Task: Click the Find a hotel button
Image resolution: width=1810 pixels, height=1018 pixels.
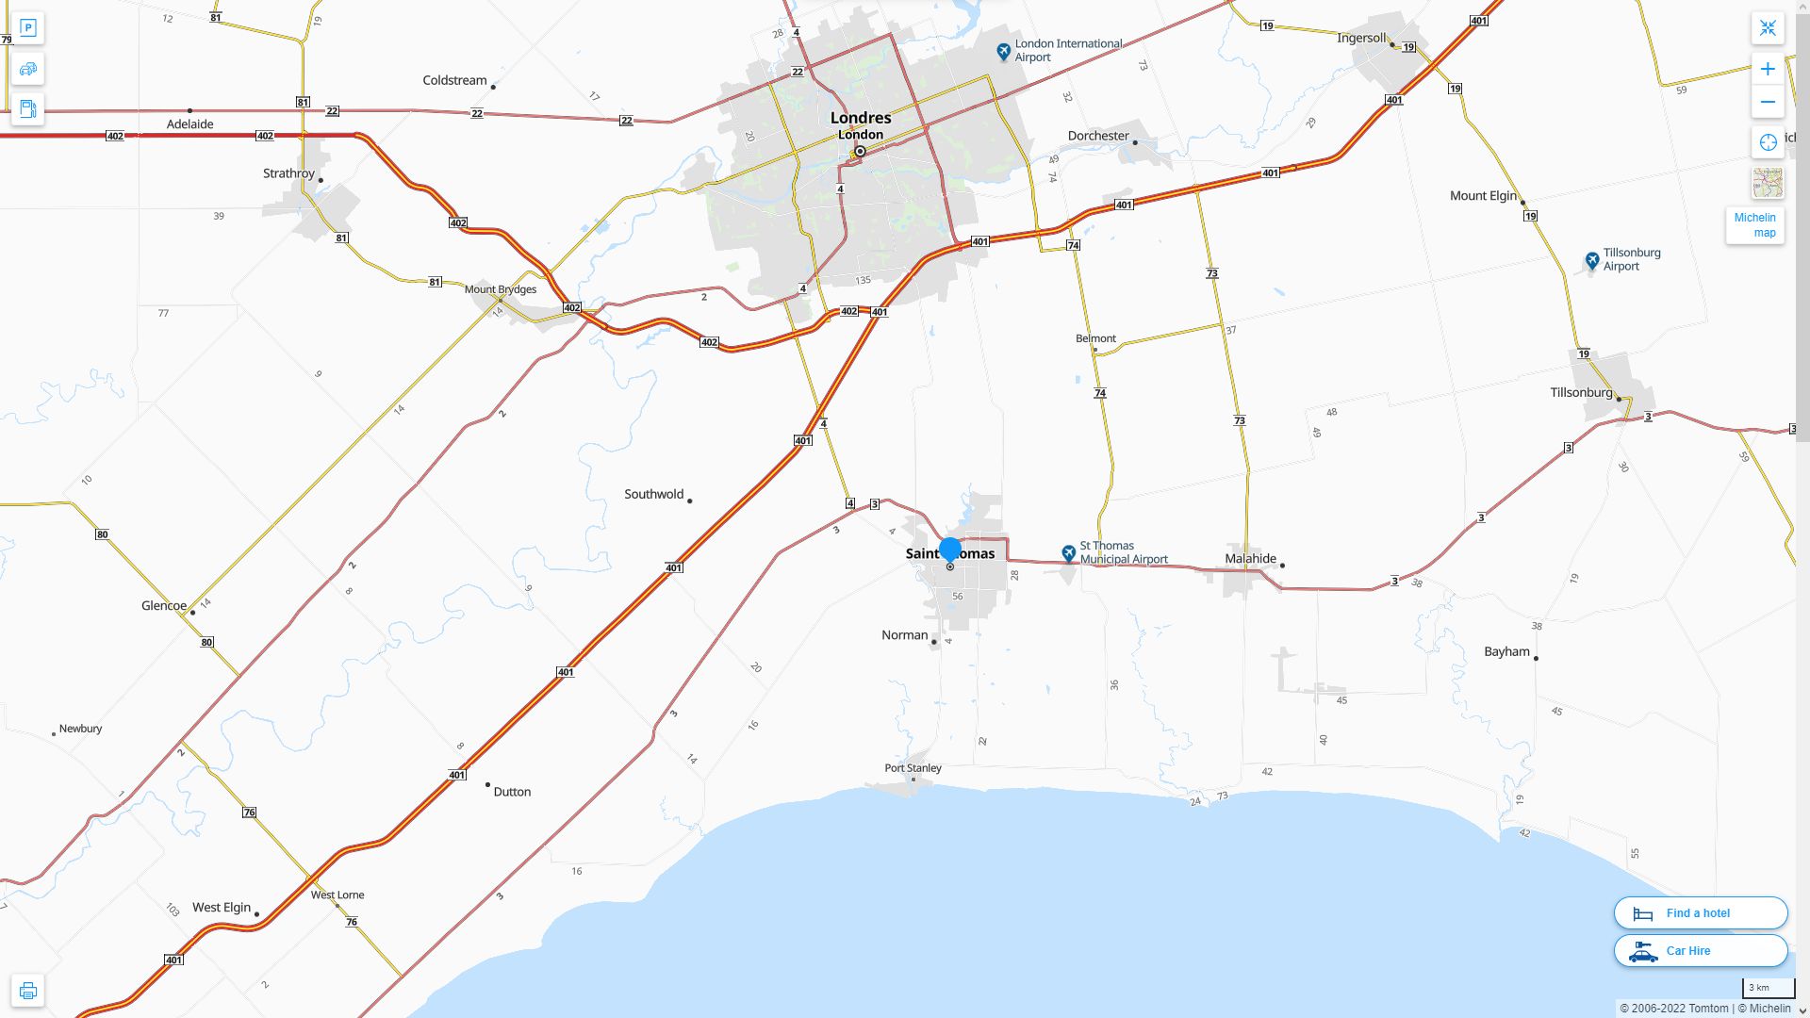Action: [1700, 912]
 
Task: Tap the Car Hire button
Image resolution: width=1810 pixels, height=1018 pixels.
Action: [1700, 950]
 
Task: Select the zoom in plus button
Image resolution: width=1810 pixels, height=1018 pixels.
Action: [1768, 69]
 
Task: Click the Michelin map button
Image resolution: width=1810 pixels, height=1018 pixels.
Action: [1754, 225]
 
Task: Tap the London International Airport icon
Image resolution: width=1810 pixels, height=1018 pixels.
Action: [1004, 51]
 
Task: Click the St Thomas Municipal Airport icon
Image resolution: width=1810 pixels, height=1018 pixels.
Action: [1068, 553]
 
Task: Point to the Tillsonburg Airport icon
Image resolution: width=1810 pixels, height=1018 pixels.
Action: [1592, 260]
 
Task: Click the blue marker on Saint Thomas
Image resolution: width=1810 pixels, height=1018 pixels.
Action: [950, 549]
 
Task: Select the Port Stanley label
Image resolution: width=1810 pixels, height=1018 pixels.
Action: [913, 767]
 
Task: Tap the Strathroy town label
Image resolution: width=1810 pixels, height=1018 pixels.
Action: [288, 173]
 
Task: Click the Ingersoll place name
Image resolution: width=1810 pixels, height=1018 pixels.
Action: [1361, 39]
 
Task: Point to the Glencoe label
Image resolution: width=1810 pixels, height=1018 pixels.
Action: [164, 605]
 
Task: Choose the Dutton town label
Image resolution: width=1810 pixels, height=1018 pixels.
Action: [512, 792]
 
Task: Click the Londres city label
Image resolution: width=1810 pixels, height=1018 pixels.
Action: [860, 118]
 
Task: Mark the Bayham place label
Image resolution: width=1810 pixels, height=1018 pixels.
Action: [1506, 651]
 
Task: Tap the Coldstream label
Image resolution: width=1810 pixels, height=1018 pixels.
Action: [454, 80]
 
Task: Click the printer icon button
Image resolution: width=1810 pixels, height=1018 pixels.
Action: [27, 990]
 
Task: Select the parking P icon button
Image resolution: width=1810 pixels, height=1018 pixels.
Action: [27, 28]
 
